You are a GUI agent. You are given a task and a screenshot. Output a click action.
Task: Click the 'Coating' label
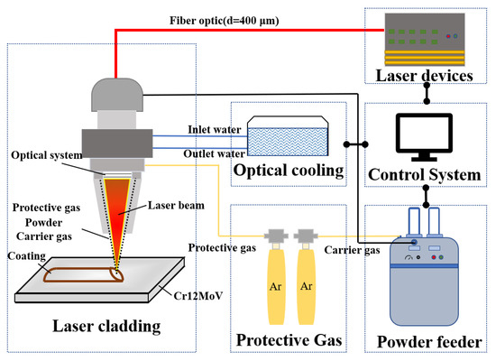27,255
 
